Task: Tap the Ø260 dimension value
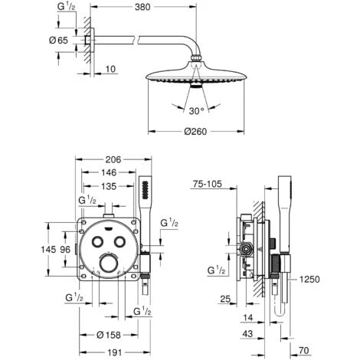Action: pyautogui.click(x=199, y=132)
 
